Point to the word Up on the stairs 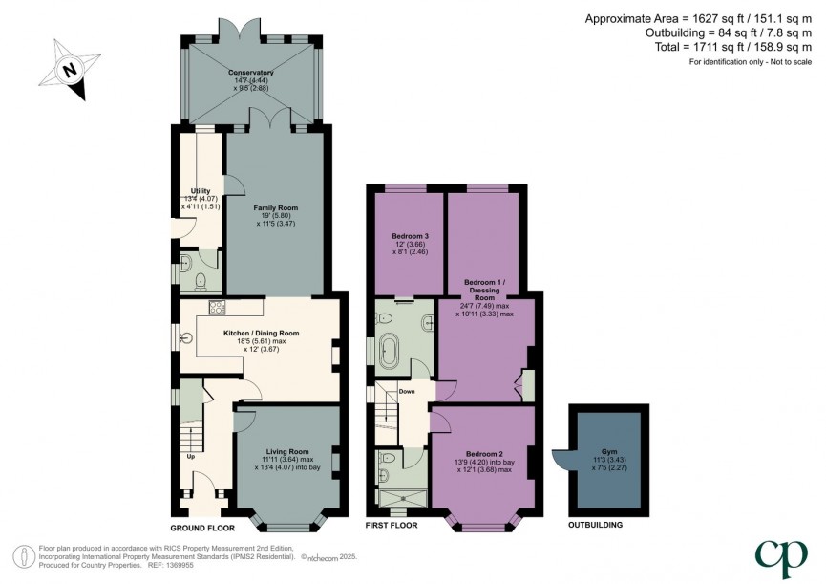191,456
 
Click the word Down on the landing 407,391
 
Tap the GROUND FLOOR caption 202,526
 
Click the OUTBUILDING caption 596,526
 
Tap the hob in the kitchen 216,307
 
